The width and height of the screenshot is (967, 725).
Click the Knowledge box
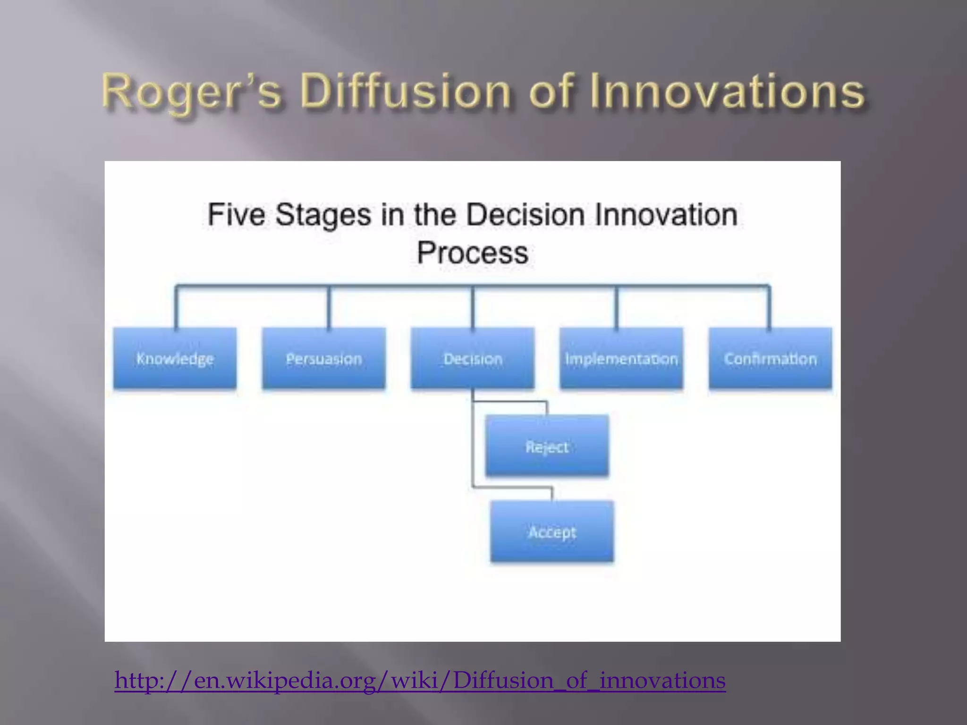tap(175, 359)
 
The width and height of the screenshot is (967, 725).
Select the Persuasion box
tap(324, 359)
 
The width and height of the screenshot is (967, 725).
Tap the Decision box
tap(473, 359)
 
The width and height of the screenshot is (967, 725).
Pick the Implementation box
tap(621, 359)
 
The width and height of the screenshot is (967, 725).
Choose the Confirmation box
tap(770, 359)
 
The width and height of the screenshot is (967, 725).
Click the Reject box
tap(547, 446)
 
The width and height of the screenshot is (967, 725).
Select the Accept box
tap(552, 532)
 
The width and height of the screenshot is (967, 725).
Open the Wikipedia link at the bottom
tap(420, 680)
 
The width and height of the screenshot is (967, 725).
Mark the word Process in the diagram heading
tap(473, 253)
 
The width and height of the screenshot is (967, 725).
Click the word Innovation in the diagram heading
tap(666, 215)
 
